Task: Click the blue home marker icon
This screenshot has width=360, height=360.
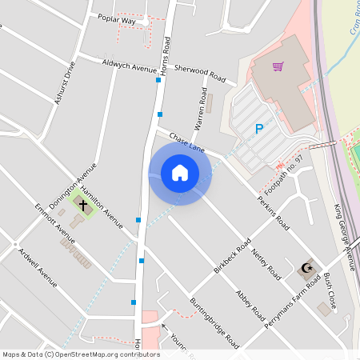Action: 180,172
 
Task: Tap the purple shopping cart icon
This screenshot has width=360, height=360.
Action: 278,67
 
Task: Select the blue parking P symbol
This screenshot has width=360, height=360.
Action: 258,129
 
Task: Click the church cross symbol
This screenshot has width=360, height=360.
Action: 82,204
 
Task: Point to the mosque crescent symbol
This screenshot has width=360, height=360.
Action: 305,268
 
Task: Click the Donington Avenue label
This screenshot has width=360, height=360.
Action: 73,186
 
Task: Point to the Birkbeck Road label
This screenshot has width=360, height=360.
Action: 233,253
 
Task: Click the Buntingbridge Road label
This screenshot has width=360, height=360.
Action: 214,323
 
